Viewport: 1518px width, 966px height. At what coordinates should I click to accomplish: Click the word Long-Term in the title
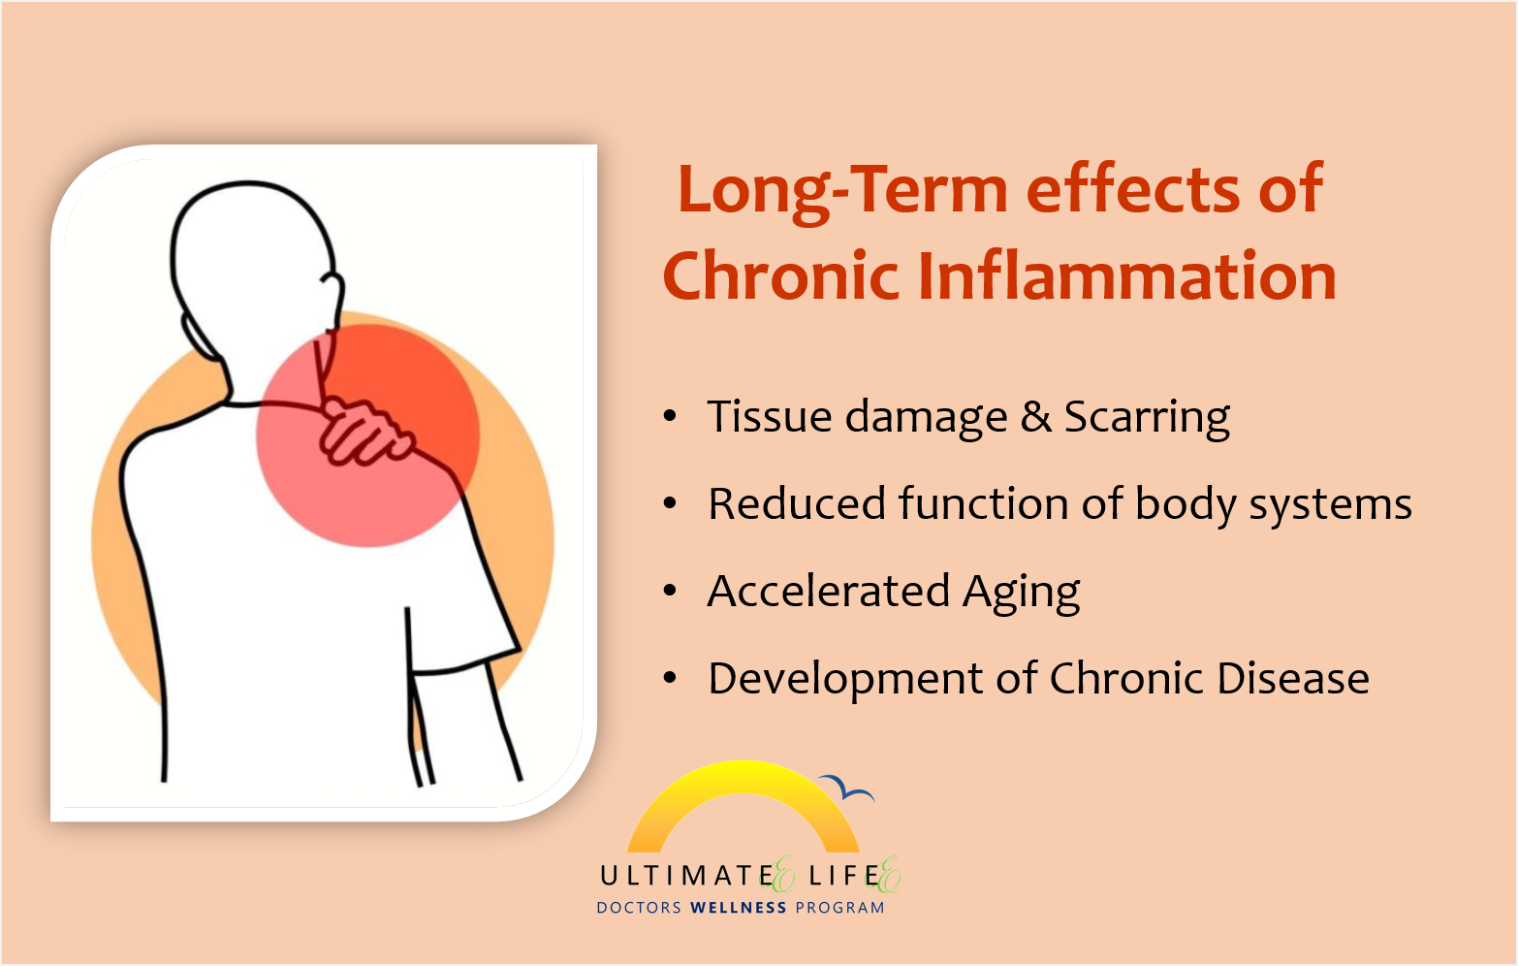pos(842,192)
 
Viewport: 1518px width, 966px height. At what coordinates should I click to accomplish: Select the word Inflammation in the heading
pos(1127,275)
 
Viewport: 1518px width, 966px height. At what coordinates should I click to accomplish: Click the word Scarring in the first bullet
pos(1148,418)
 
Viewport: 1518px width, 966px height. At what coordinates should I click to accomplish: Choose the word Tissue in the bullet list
pos(769,416)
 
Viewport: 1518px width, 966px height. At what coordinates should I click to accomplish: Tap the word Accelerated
pos(828,591)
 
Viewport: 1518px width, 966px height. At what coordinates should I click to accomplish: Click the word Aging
pos(1022,594)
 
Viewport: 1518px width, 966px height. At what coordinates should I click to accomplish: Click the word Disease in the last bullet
pos(1293,678)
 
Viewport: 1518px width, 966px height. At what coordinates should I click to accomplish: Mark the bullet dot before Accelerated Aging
pos(670,591)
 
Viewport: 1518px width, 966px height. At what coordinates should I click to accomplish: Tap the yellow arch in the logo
pos(743,775)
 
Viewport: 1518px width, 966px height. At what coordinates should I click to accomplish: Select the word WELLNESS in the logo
pos(739,908)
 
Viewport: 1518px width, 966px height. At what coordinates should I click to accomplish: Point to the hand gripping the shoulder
pos(364,433)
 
